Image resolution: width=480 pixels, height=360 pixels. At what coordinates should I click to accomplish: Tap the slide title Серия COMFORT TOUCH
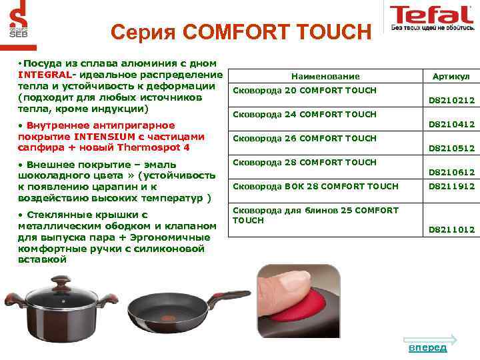(x=239, y=31)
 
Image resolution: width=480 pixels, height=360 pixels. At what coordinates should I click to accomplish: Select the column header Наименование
(x=325, y=77)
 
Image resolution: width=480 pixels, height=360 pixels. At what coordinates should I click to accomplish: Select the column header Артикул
(x=451, y=77)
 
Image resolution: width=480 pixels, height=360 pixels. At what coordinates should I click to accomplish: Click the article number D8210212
(x=451, y=101)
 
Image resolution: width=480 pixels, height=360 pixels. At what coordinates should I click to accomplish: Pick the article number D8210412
(x=451, y=125)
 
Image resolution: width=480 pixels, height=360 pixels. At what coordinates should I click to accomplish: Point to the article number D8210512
(x=451, y=149)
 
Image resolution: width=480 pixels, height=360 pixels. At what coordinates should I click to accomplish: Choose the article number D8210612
(x=451, y=173)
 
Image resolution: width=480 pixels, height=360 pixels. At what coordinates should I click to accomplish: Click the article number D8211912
(x=451, y=187)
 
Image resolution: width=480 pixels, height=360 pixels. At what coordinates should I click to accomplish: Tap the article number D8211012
(x=451, y=229)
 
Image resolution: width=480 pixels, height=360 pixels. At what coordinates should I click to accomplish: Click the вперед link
(x=427, y=347)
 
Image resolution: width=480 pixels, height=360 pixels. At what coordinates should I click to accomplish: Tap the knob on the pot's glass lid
(x=61, y=279)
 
